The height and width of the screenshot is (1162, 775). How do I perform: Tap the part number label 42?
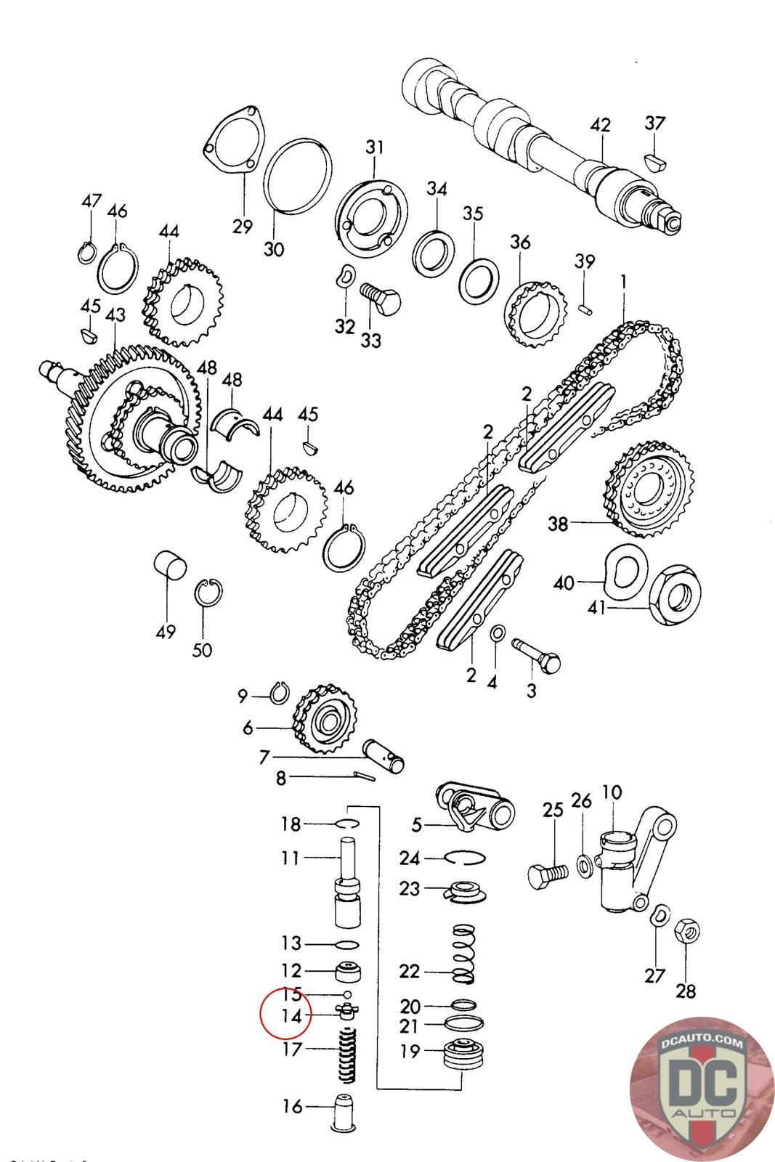pyautogui.click(x=600, y=124)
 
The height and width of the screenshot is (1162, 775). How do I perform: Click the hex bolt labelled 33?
pyautogui.click(x=381, y=297)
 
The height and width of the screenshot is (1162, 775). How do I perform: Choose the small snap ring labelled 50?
pyautogui.click(x=208, y=592)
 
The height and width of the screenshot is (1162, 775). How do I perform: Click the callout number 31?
pyautogui.click(x=373, y=147)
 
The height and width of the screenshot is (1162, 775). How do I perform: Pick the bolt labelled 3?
pyautogui.click(x=538, y=654)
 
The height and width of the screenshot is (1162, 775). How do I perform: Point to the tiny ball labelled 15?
pyautogui.click(x=347, y=994)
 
